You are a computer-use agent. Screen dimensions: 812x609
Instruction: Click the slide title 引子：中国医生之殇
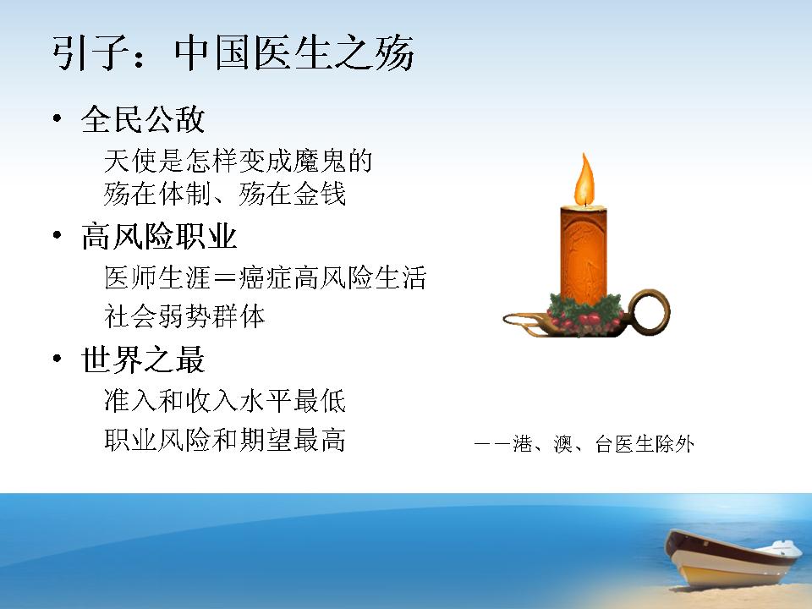click(233, 52)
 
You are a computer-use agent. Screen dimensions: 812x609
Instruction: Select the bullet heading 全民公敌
click(143, 119)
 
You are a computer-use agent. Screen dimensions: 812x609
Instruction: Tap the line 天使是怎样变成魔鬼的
click(239, 161)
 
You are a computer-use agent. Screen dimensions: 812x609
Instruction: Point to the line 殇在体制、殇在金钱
click(225, 194)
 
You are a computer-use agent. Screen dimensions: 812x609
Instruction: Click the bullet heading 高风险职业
click(159, 237)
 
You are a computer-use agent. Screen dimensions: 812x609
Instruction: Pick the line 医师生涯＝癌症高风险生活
click(265, 277)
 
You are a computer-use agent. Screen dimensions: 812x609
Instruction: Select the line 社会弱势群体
click(184, 315)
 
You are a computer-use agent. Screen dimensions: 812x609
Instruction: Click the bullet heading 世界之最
click(143, 359)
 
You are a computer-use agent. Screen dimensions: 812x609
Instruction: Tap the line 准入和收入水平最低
click(225, 401)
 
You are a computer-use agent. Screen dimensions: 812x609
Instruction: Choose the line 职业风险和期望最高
click(225, 440)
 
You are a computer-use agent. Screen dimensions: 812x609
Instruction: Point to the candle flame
click(584, 179)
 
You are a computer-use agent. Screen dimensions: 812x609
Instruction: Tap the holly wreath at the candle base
click(585, 313)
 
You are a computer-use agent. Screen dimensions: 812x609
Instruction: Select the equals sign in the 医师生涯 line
click(225, 278)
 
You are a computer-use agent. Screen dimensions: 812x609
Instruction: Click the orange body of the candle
click(584, 254)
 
